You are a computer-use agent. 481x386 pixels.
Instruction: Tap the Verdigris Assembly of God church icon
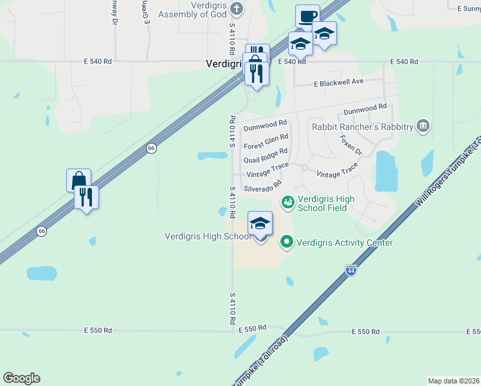click(237, 8)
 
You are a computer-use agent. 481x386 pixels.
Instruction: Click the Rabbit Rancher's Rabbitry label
click(362, 127)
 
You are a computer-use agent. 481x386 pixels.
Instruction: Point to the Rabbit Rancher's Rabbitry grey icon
click(422, 125)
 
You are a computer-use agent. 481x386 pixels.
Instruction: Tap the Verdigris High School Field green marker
click(287, 203)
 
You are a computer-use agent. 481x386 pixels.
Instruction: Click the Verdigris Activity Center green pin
click(287, 243)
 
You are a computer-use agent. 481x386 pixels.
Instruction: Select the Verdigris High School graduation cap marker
click(260, 224)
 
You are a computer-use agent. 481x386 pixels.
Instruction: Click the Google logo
click(21, 378)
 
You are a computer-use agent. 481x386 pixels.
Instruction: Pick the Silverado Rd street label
click(262, 187)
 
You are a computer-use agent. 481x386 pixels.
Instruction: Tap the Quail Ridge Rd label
click(266, 156)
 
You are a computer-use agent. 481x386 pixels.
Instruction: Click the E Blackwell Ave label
click(338, 82)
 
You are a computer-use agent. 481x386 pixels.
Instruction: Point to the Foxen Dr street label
click(351, 144)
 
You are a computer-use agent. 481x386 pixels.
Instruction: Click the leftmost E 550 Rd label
click(98, 330)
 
